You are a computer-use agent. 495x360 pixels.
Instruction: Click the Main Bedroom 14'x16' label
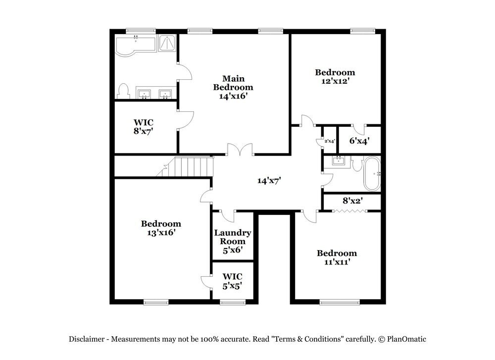(233, 87)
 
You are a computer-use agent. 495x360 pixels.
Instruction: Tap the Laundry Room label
(233, 237)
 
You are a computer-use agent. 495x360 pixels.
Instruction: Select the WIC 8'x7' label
(144, 127)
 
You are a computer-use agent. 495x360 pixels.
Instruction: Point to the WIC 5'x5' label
(233, 281)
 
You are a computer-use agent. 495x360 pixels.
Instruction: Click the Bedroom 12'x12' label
(335, 76)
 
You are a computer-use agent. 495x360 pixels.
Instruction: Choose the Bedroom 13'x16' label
(161, 228)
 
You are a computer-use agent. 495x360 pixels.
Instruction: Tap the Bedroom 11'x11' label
(337, 257)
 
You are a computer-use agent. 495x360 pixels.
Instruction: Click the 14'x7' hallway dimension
(269, 181)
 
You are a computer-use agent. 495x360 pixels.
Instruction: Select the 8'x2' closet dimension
(352, 200)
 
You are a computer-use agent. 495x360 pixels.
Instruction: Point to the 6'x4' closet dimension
(359, 141)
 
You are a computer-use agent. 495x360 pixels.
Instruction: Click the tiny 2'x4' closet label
(330, 141)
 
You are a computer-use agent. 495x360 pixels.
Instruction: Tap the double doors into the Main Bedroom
(240, 150)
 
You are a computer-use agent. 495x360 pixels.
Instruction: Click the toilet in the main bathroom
(123, 91)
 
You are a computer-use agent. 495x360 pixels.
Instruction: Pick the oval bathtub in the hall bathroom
(372, 174)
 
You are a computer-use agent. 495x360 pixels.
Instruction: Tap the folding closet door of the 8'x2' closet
(349, 210)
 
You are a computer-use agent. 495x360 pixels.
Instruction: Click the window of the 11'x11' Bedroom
(340, 302)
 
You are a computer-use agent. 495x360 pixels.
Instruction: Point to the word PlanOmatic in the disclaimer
(406, 339)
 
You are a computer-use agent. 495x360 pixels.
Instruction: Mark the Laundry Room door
(227, 216)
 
